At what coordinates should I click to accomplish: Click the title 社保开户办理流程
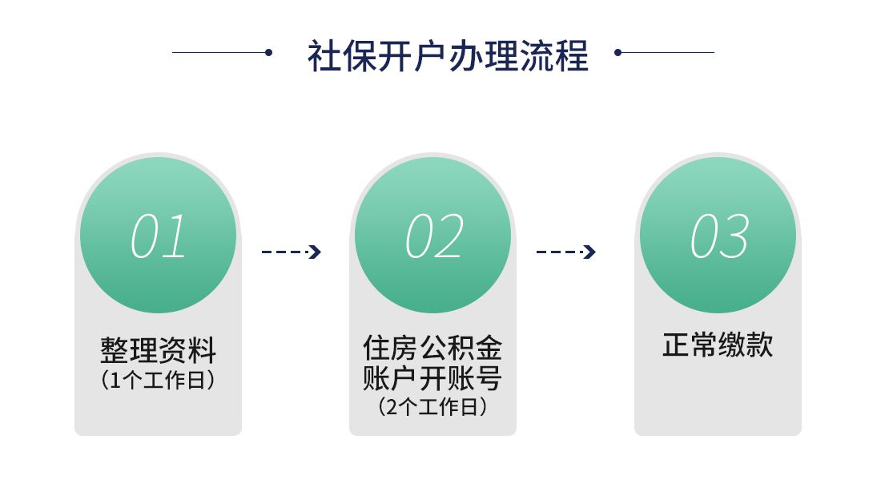click(448, 55)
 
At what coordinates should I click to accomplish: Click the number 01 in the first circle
click(159, 236)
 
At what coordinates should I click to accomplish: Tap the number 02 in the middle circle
click(434, 236)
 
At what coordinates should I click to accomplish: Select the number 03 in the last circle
click(719, 236)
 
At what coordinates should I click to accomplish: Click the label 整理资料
click(159, 350)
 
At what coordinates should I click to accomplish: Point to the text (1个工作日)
click(159, 380)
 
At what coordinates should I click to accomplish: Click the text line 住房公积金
click(432, 348)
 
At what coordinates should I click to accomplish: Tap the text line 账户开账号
click(432, 377)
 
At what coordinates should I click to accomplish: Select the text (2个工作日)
click(432, 406)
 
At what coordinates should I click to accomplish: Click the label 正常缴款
click(718, 345)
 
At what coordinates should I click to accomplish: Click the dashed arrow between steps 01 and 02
click(292, 252)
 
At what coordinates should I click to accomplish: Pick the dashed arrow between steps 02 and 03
click(565, 252)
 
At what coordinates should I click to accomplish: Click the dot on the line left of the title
click(269, 52)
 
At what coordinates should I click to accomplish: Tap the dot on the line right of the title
click(618, 52)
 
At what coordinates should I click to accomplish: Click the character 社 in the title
click(325, 55)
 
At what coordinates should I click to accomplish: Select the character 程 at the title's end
click(571, 55)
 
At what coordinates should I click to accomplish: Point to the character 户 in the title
click(429, 55)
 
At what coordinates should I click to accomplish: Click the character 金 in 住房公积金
click(489, 348)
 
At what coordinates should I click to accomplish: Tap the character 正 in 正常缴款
click(676, 345)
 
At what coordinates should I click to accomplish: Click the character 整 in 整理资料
click(115, 350)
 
